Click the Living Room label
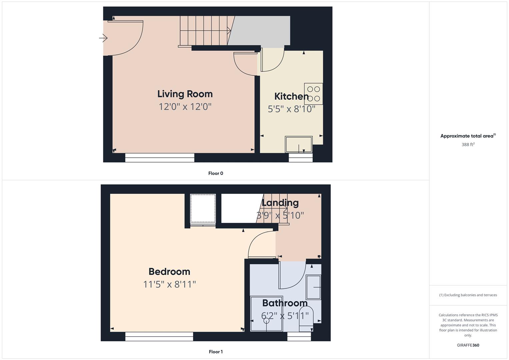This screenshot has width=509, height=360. pos(185,94)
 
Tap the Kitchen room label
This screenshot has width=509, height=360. pos(291,96)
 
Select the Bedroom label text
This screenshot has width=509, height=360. pos(169,272)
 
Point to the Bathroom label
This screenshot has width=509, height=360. pos(285,303)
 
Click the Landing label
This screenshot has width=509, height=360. pos(280,203)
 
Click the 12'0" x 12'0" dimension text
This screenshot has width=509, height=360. pos(185,107)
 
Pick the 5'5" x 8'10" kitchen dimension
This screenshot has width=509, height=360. pos(291,109)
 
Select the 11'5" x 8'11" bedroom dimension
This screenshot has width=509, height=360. pos(169,284)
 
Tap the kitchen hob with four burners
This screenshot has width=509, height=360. pos(313,94)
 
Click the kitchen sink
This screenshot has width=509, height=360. pos(299,144)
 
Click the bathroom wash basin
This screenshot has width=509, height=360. pos(314,287)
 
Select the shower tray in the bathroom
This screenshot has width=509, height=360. pos(267,314)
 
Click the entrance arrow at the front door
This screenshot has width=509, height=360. pos(103,38)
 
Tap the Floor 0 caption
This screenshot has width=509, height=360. pos(216,173)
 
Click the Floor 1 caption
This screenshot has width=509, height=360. pos(216,352)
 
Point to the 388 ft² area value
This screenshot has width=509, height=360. pos(468,145)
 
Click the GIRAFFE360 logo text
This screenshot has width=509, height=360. pos(468,345)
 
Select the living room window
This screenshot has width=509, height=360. pos(160,158)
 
